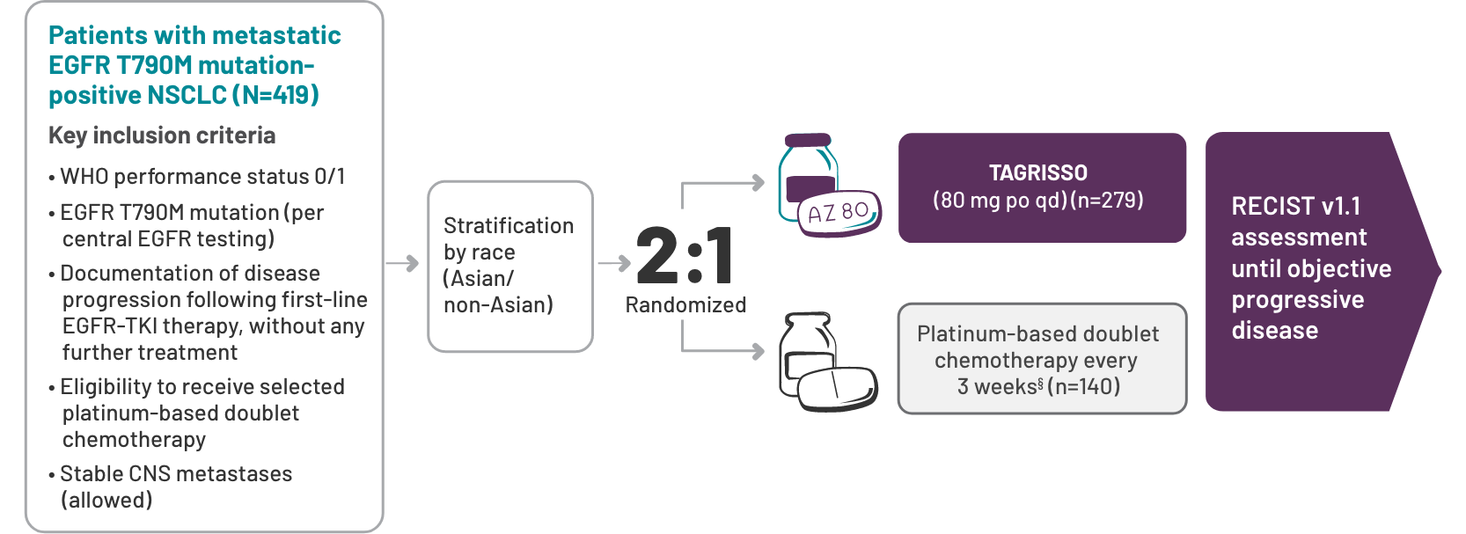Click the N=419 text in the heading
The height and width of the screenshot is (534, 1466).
point(275,96)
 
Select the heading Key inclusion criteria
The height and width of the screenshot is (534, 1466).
point(162,135)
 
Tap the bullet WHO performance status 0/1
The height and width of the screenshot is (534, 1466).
point(197,177)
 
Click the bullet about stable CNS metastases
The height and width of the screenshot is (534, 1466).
point(170,486)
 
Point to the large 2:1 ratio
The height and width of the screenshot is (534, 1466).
point(685,255)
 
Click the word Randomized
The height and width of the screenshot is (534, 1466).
point(685,305)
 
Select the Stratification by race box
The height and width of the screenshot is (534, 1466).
point(510,267)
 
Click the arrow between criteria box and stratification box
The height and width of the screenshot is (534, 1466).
point(402,263)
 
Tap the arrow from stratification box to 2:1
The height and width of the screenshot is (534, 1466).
point(614,263)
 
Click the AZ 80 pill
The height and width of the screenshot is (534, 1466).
point(839,213)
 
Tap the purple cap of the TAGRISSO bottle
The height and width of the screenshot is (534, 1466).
point(808,140)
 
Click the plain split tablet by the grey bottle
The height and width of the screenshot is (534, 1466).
point(837,390)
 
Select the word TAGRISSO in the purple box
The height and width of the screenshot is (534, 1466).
point(1038,172)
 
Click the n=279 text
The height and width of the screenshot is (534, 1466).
point(1107,201)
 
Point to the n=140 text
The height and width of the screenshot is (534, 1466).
point(1083,387)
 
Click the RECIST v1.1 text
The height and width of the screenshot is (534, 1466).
point(1296,207)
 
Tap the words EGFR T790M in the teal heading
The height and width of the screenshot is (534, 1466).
point(120,65)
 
